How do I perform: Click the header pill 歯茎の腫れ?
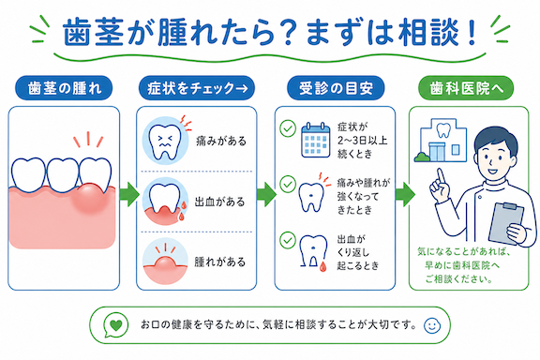coord(64,88)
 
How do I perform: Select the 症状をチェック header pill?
coord(197,88)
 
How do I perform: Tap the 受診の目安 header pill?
coord(336,88)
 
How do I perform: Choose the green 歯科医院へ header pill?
coord(466,88)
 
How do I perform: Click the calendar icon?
coord(315,140)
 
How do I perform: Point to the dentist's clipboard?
coord(506,223)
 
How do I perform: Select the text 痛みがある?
coord(221,141)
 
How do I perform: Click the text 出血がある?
coord(220,202)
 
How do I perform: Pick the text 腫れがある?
coord(220,262)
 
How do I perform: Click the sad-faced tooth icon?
coord(165,142)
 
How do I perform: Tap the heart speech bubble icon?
coord(115,325)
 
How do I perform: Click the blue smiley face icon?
coord(432,325)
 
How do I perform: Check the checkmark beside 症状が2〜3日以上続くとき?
coord(288,128)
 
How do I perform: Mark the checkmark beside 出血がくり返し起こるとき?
coord(288,240)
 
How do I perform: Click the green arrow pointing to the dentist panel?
coord(405,195)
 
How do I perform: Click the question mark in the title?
coord(289,32)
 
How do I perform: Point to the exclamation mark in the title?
coord(472,32)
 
